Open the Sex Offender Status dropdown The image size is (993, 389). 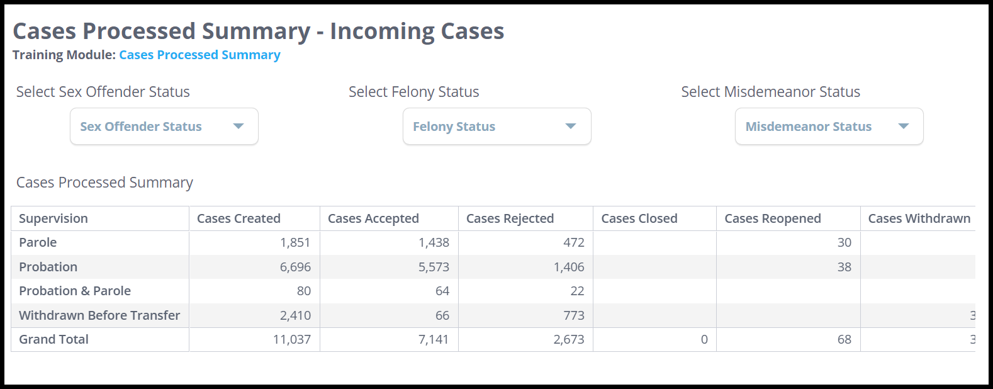[164, 127]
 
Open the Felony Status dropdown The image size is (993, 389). [496, 127]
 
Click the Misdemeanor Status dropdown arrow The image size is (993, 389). [903, 127]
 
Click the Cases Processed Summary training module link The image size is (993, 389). [199, 55]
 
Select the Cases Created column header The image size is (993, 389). [238, 218]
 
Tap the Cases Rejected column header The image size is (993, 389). [510, 218]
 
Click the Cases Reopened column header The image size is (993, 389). [772, 218]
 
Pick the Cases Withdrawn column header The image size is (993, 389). [919, 218]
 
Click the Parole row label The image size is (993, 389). [38, 242]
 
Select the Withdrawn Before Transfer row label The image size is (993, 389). [99, 315]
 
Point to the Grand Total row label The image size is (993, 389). [53, 339]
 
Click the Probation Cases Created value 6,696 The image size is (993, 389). [295, 267]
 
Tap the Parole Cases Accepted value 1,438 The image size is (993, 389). [434, 242]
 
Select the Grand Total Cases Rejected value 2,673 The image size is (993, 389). [568, 339]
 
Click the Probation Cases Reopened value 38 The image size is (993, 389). [844, 267]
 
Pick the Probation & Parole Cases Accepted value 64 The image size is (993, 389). [442, 291]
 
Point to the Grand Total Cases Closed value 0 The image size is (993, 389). [704, 339]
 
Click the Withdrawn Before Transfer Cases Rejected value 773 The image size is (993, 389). [573, 315]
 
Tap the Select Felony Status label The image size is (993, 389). [413, 92]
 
